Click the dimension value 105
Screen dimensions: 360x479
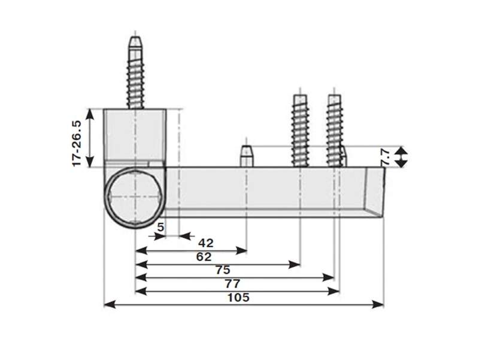click(x=239, y=298)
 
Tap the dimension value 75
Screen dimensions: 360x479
click(x=223, y=270)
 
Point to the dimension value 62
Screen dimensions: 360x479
click(x=204, y=257)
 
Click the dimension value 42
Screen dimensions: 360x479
click(x=206, y=243)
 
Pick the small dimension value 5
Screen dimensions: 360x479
click(x=160, y=227)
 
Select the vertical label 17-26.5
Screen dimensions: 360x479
click(x=76, y=143)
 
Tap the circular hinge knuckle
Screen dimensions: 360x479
click(x=135, y=196)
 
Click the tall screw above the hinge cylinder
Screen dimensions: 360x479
click(x=136, y=75)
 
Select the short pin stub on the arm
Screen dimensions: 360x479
click(x=246, y=156)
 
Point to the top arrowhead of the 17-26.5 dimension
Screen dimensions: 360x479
click(x=90, y=113)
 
